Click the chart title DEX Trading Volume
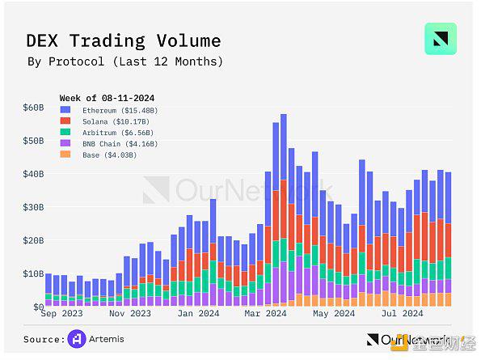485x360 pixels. (124, 41)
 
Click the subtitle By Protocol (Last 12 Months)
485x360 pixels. (125, 61)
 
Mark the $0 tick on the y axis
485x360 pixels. (37, 307)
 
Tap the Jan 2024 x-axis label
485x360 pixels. (197, 313)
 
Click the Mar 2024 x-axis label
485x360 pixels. (265, 313)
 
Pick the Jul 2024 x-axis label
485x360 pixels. (402, 313)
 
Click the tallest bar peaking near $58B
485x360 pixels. (284, 210)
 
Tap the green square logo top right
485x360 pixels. (440, 39)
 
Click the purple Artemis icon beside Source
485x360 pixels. (78, 339)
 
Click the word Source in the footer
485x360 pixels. (44, 339)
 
